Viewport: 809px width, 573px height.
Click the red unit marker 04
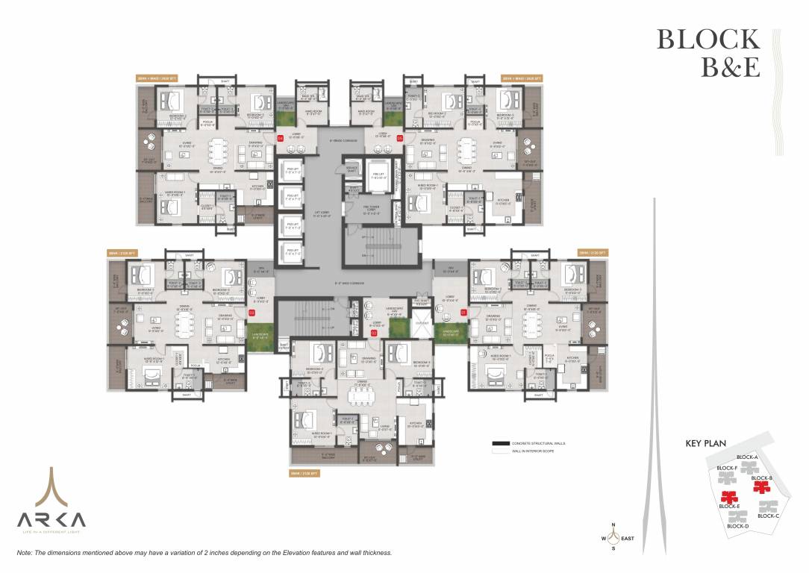281,138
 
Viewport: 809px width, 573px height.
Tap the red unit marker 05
400,138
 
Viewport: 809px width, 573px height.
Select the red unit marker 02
374,334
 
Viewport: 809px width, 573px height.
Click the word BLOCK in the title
708,40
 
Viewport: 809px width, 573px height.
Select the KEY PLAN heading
706,444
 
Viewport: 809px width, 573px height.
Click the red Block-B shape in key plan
760,487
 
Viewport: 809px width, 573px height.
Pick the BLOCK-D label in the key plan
737,526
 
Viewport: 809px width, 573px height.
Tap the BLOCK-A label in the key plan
747,457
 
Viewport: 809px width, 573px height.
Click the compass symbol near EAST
613,536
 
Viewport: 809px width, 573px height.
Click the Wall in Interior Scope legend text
531,451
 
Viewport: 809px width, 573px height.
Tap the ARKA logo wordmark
51,519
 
